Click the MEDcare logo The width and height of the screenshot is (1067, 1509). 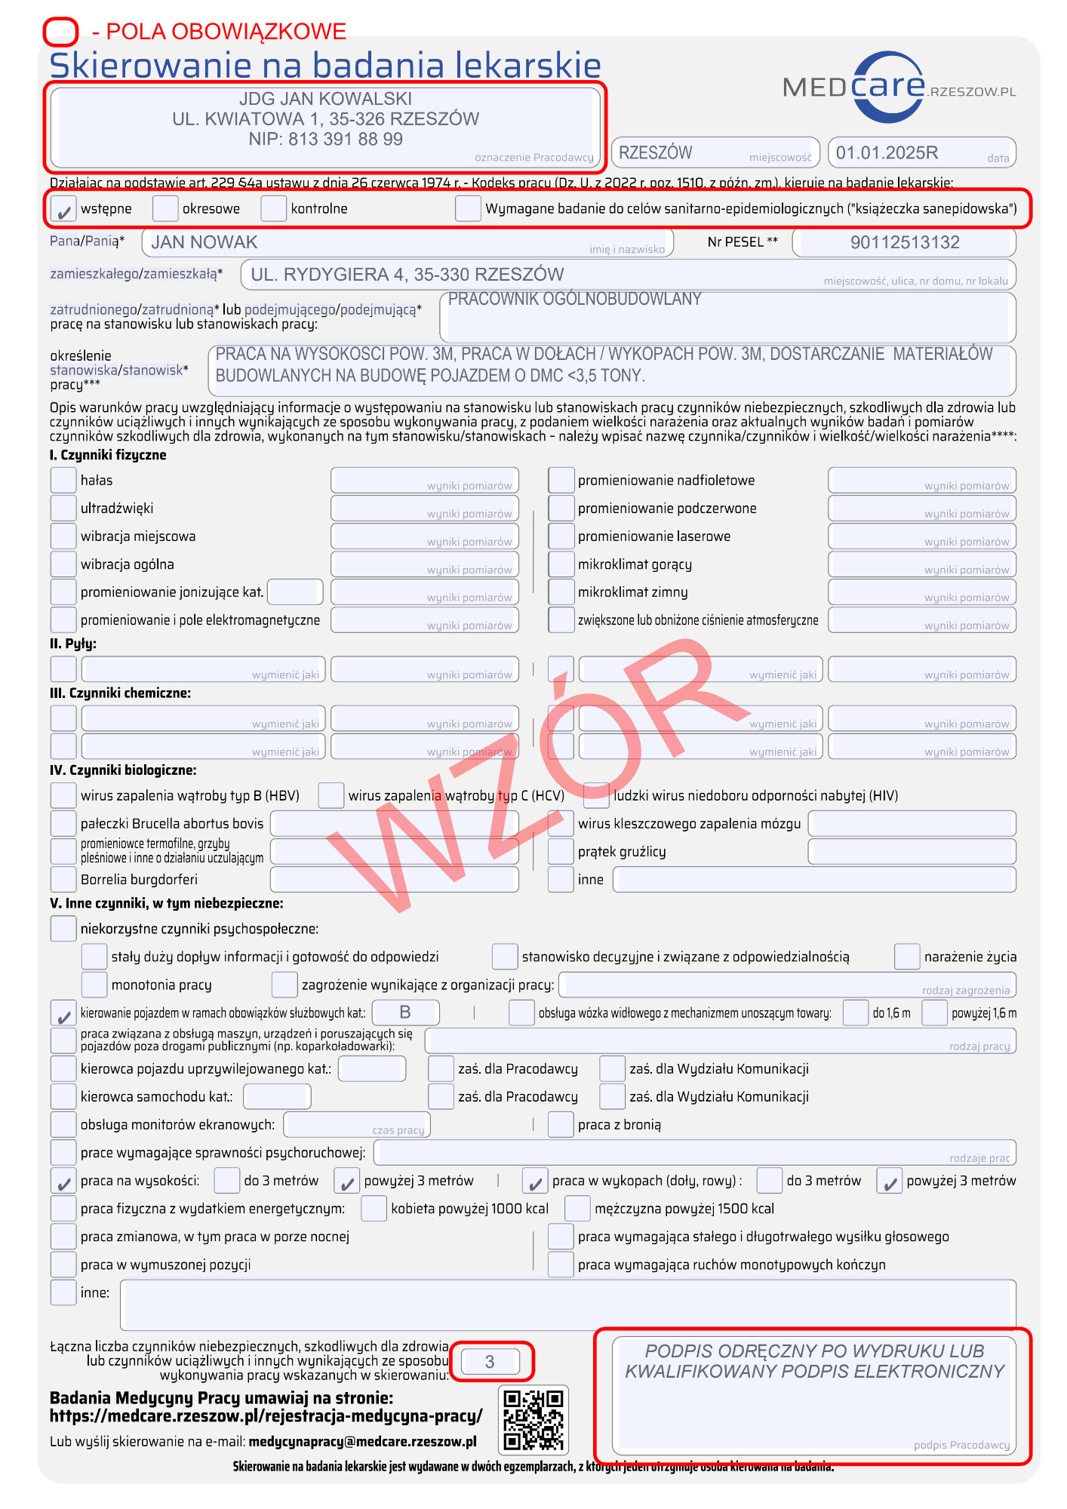[898, 88]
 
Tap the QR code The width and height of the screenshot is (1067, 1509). [533, 1420]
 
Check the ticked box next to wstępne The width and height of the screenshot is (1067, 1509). [63, 209]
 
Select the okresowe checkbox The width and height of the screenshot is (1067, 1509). [165, 209]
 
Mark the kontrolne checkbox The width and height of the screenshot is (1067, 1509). [273, 209]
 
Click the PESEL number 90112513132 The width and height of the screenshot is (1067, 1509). [904, 243]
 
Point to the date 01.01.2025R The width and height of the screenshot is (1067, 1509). [887, 153]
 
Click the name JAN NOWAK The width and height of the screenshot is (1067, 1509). [204, 243]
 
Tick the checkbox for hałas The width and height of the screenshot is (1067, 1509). [63, 481]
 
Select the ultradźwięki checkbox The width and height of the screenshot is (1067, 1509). [63, 509]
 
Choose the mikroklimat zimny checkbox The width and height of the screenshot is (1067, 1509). [561, 592]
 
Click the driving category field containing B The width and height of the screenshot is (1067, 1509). [405, 1013]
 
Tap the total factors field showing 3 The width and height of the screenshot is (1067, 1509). [490, 1362]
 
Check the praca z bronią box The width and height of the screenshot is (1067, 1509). [561, 1125]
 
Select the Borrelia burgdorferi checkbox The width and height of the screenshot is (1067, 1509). [63, 880]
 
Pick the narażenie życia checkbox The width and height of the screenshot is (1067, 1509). [907, 957]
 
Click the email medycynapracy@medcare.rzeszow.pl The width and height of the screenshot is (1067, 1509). [362, 1442]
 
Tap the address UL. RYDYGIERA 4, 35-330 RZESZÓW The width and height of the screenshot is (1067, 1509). [407, 275]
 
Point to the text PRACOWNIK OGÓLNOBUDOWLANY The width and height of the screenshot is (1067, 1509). [575, 300]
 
